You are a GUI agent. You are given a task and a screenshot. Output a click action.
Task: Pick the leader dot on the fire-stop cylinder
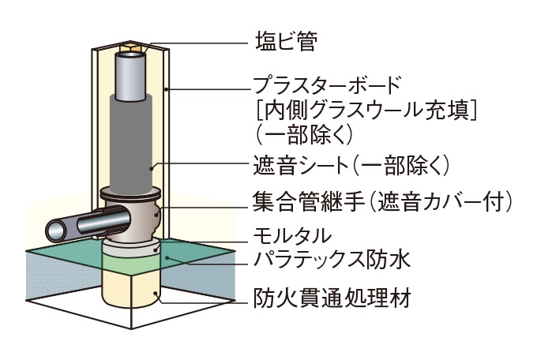coord(159,298)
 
